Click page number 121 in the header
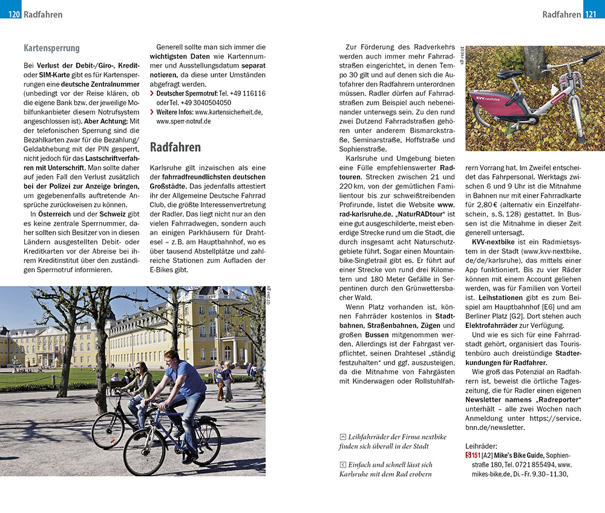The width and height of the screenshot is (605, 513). click(x=590, y=14)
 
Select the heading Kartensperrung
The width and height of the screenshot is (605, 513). click(x=51, y=48)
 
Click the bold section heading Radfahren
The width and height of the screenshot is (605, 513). click(x=175, y=147)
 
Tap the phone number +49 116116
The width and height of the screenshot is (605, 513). click(x=246, y=94)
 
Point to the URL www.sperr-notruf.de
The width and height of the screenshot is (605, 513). click(x=183, y=121)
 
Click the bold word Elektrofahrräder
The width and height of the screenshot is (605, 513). click(x=494, y=325)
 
